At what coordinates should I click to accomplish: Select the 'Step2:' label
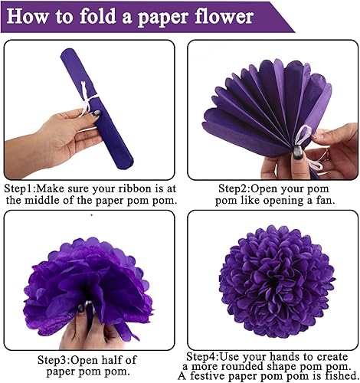pyautogui.click(x=238, y=188)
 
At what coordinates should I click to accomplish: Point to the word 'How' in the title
pyautogui.click(x=28, y=15)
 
